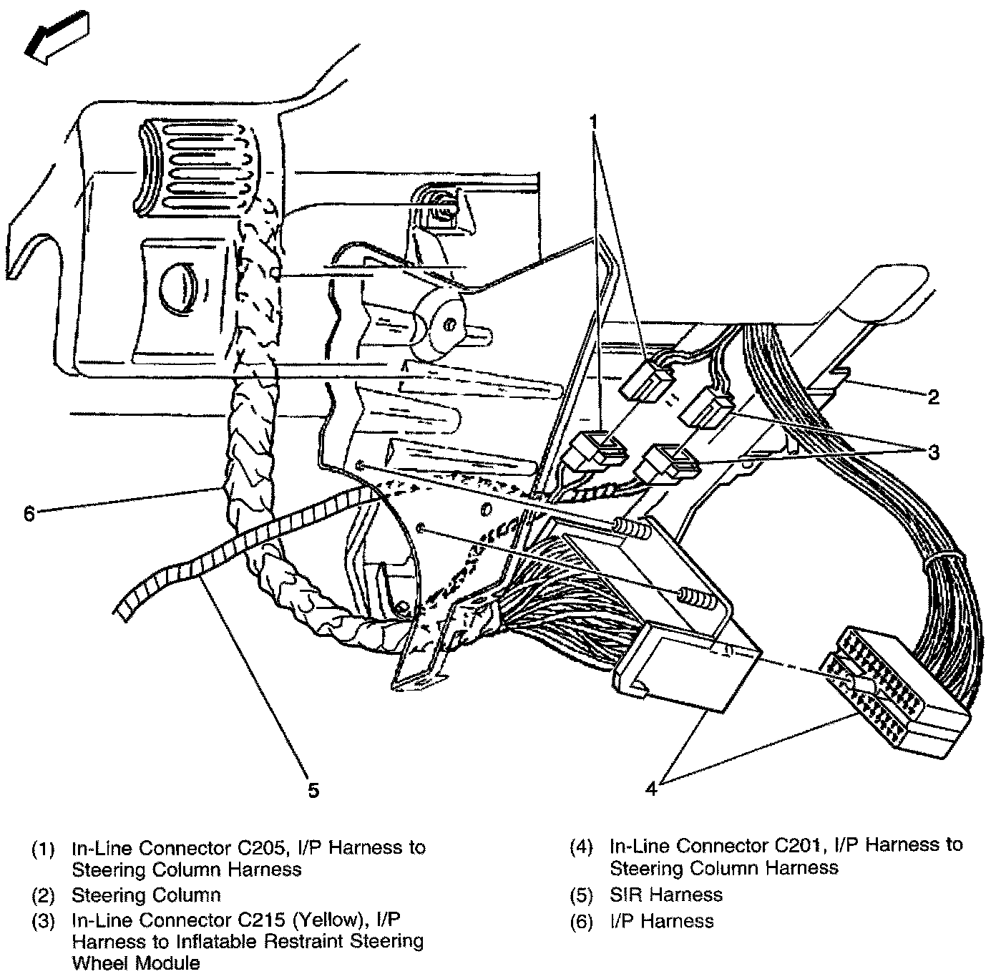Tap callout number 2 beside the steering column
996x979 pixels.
point(932,396)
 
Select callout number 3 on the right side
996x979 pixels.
point(932,452)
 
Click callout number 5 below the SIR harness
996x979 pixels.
point(313,789)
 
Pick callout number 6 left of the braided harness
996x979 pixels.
point(29,513)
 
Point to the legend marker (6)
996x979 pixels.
point(582,922)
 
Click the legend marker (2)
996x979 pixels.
point(43,895)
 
